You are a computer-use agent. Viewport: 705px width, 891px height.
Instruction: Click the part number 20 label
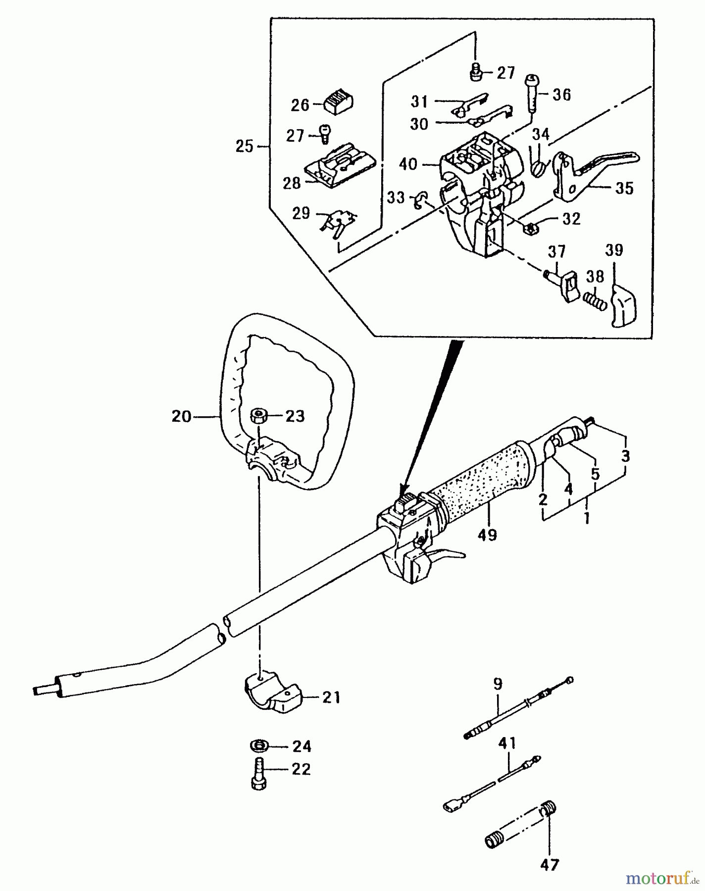coord(181,417)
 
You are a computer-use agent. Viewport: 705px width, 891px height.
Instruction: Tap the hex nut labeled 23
coord(257,415)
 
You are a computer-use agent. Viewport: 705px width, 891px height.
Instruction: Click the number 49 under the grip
coord(488,535)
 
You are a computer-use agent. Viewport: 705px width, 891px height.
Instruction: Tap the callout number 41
coord(507,743)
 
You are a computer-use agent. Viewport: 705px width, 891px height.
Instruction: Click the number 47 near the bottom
coord(550,864)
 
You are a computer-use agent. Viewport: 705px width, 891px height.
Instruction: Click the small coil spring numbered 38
coord(594,300)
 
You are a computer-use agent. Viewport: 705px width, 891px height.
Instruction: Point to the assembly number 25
coord(244,147)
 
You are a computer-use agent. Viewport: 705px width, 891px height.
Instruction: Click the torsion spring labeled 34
coord(538,165)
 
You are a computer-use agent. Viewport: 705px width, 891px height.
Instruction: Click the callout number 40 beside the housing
coord(408,164)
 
